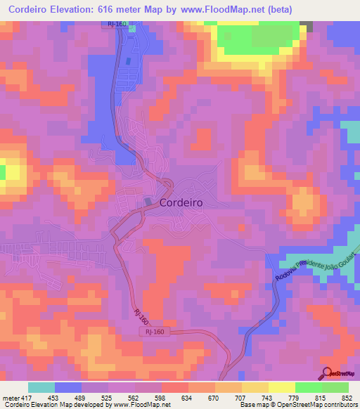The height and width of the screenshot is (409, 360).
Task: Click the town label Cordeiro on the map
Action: pyautogui.click(x=181, y=202)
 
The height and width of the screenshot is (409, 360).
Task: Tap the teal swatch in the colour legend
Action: pyautogui.click(x=41, y=387)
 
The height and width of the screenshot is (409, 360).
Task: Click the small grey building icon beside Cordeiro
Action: pyautogui.click(x=148, y=202)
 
